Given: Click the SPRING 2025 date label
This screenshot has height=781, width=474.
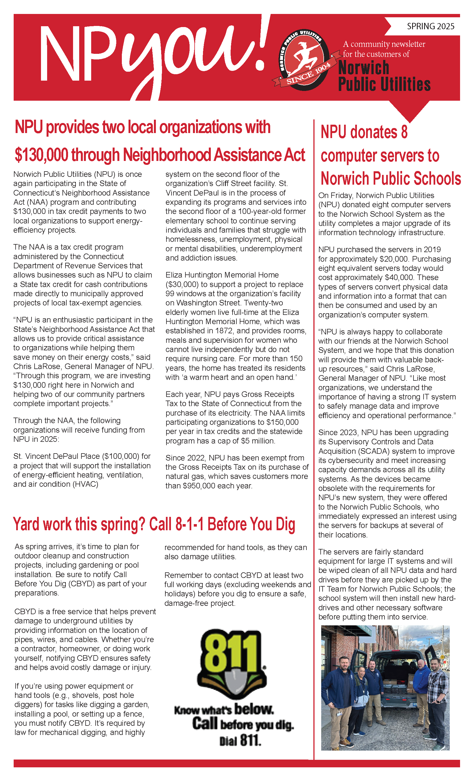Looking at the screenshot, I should [430, 26].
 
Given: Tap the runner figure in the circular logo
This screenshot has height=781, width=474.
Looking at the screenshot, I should [304, 57].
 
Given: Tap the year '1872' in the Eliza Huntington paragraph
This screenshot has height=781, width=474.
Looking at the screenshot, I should [225, 331].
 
